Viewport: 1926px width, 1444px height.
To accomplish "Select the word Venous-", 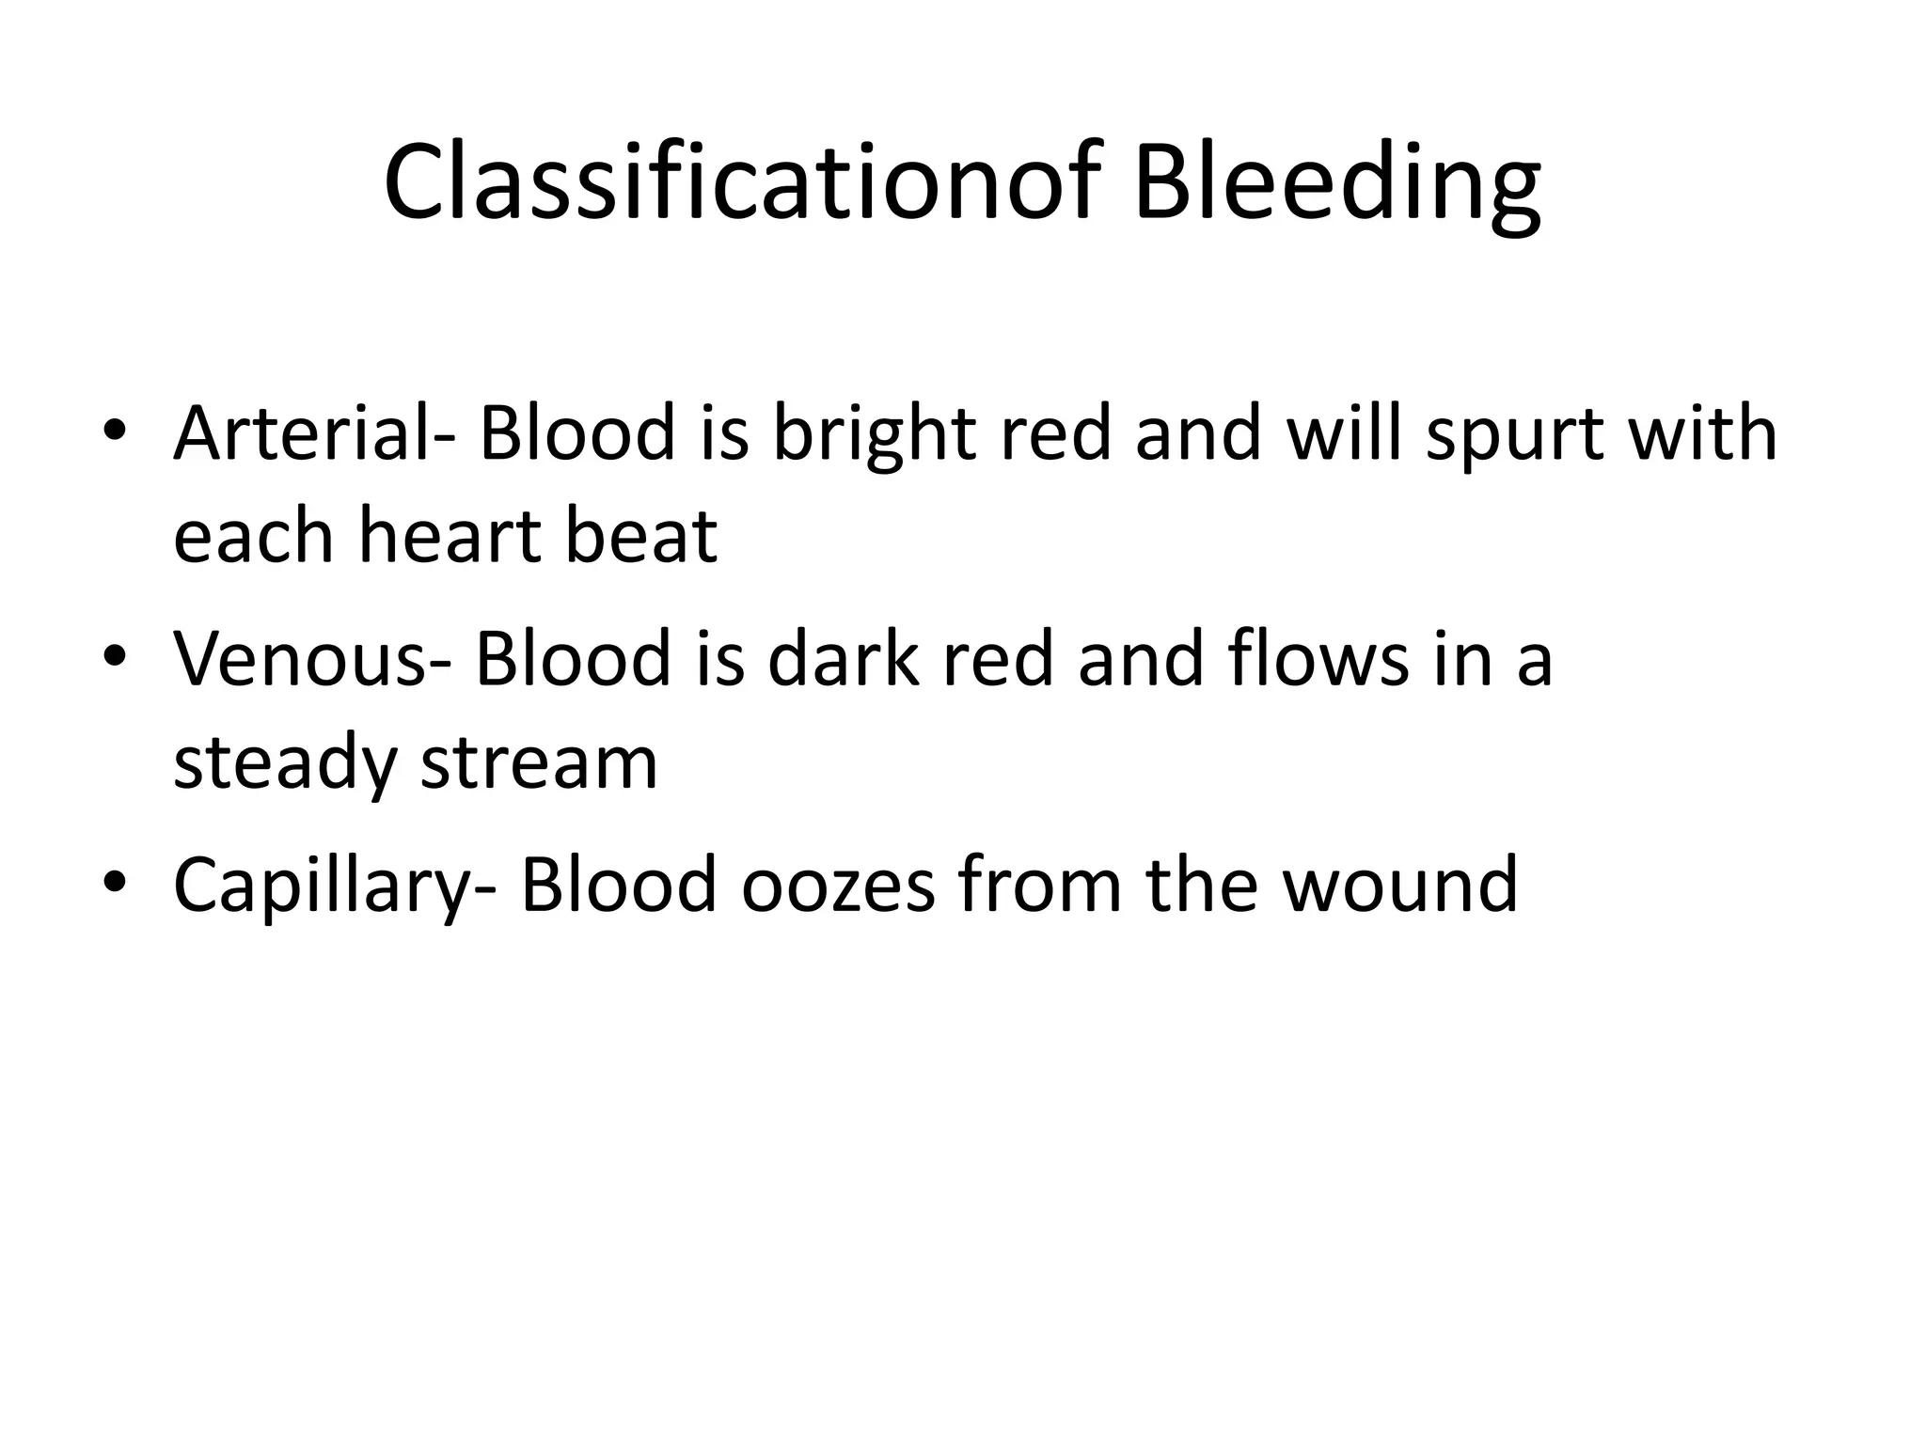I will coord(311,658).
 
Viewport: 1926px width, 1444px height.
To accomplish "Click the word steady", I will coord(285,761).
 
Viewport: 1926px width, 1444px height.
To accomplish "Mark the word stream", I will coord(539,761).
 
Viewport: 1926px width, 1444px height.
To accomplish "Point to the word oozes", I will coord(838,885).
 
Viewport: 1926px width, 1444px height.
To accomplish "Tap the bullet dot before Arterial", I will coord(115,431).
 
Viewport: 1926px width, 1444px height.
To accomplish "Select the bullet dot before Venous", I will coord(115,655).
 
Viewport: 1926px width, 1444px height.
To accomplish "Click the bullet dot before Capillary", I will coord(115,882).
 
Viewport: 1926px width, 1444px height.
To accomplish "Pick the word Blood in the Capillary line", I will coord(619,885).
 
